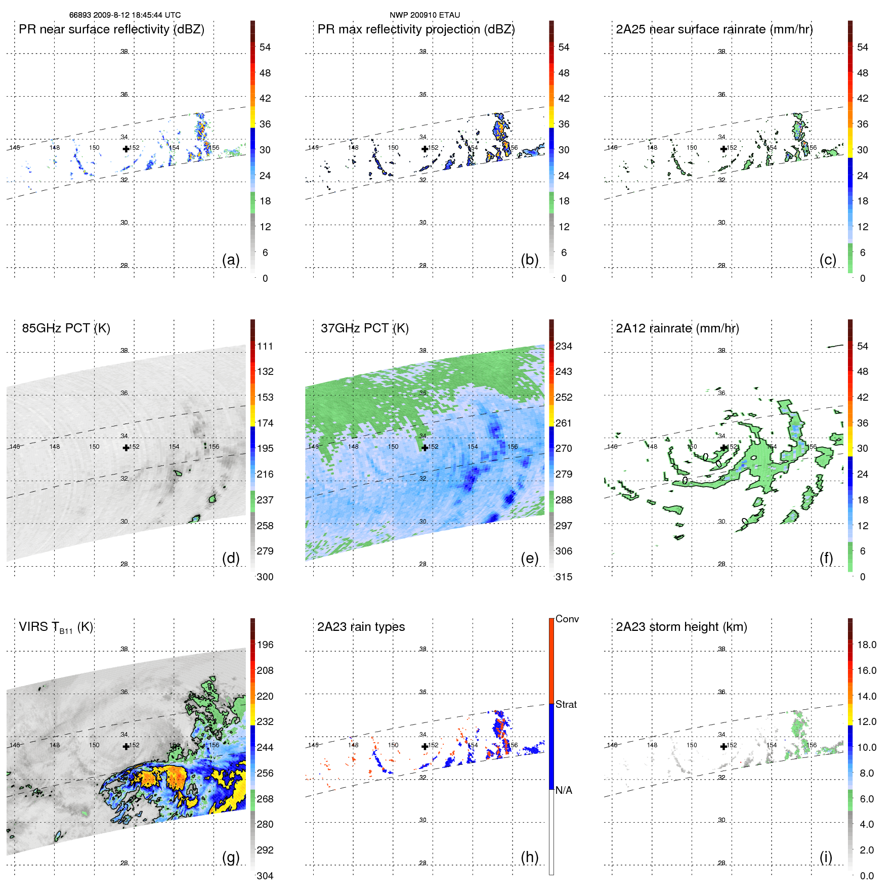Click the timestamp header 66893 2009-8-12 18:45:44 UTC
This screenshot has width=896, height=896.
coord(124,15)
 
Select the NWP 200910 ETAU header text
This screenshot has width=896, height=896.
coord(424,15)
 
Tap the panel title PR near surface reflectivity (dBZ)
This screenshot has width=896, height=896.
coord(111,29)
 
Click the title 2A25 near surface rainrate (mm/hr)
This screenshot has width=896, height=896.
coord(714,29)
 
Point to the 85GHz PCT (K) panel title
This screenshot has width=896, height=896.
coord(66,328)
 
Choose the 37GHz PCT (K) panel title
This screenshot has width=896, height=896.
coord(364,328)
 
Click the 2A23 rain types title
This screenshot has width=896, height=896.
coord(361,627)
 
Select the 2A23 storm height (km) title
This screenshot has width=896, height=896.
coord(681,627)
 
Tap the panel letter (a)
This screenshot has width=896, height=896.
coord(231,260)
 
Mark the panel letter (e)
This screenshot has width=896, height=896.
coord(529,558)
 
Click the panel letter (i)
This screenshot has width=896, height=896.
coord(826,857)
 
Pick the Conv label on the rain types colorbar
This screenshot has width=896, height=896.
coord(567,619)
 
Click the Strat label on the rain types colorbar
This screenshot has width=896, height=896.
coord(566,704)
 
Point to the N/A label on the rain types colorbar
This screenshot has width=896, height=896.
coord(564,790)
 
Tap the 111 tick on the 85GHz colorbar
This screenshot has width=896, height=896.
coord(265,346)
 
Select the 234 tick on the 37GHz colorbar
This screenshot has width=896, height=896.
coord(564,346)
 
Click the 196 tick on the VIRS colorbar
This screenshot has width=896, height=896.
coord(265,645)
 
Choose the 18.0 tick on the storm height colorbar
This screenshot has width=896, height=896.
coord(867,645)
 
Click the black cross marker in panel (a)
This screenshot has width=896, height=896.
coord(126,149)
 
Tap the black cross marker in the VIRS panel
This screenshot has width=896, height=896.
coord(126,746)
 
